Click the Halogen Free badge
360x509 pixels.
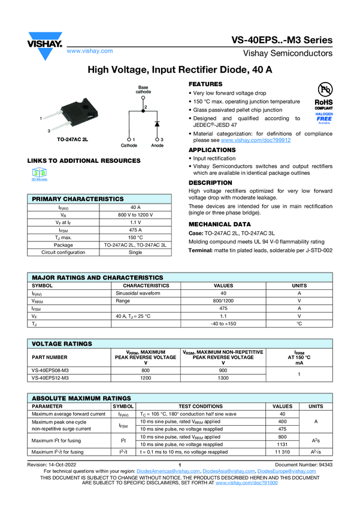[324, 117]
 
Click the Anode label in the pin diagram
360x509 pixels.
[158, 146]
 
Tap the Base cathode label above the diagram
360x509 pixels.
[143, 90]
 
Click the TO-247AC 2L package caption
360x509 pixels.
[72, 139]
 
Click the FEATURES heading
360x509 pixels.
[205, 84]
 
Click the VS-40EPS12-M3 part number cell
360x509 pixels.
[50, 378]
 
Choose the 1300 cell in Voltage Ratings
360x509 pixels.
[223, 378]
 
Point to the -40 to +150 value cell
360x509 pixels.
[223, 323]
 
